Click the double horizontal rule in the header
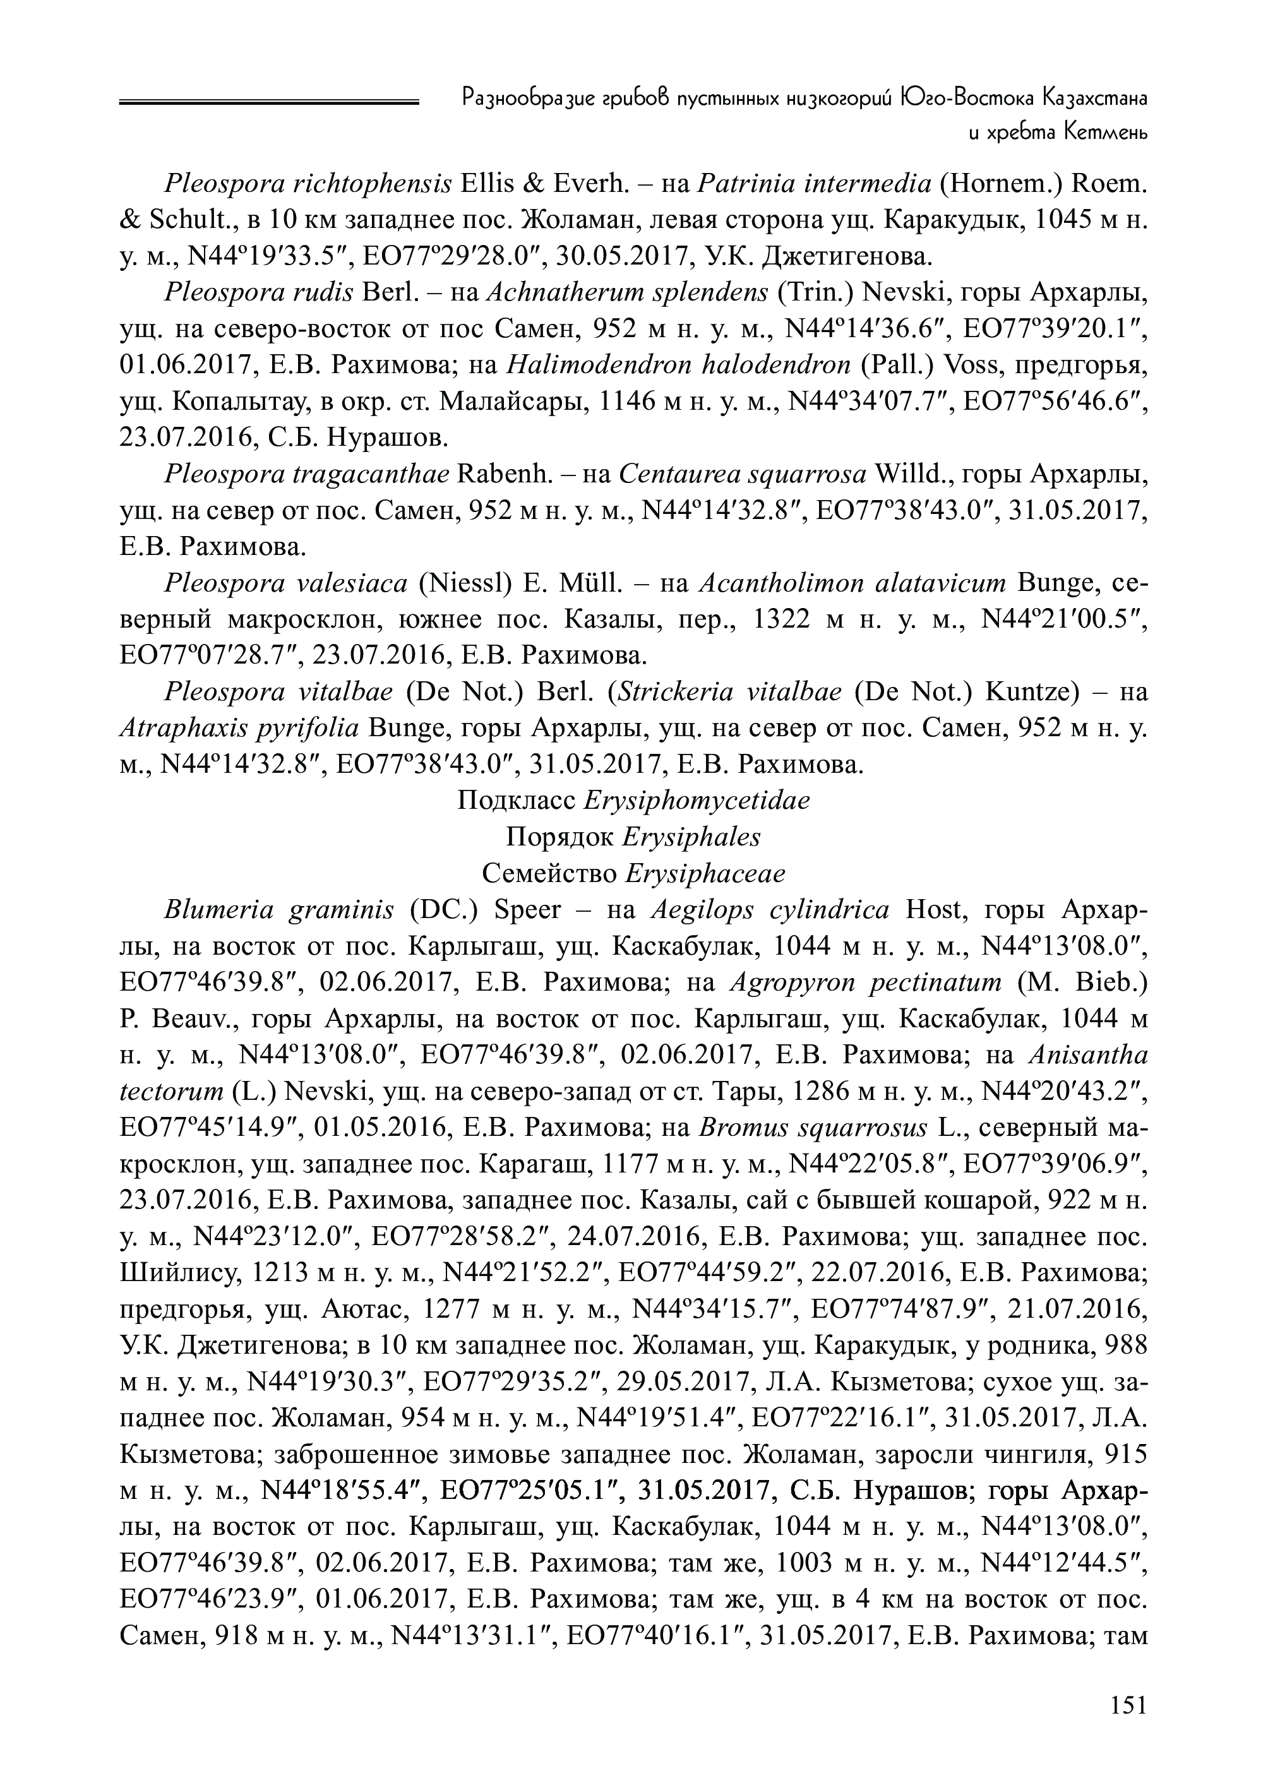pyautogui.click(x=270, y=100)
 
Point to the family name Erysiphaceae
pyautogui.click(x=706, y=873)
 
